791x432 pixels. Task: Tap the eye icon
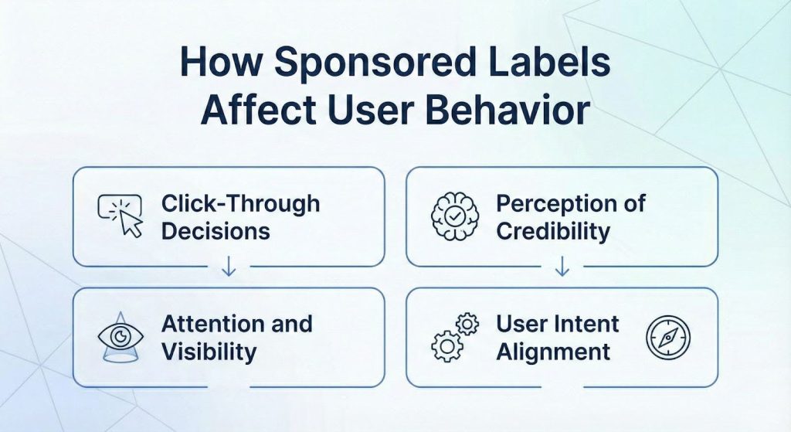coord(121,337)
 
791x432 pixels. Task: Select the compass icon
coord(667,337)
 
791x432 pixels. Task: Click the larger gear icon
coord(446,346)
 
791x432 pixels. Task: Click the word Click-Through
coord(240,204)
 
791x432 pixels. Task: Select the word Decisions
coord(216,230)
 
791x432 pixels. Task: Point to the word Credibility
coord(553,230)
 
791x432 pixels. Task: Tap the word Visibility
coord(209,351)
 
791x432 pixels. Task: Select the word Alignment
coord(553,351)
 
